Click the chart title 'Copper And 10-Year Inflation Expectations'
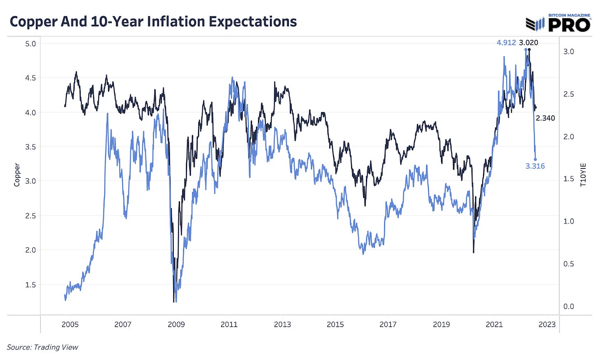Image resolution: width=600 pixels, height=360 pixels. [153, 21]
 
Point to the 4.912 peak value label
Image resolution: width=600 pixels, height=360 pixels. [506, 42]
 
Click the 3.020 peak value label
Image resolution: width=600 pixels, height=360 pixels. [528, 42]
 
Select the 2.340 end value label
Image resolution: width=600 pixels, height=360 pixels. [545, 118]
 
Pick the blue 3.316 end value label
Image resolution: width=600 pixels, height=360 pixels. [535, 166]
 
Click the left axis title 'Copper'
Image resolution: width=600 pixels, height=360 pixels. [17, 175]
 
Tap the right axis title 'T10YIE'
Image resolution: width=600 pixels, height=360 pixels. [583, 175]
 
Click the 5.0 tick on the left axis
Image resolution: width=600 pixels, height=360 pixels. [30, 44]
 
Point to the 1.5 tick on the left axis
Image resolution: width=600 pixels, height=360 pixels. [30, 285]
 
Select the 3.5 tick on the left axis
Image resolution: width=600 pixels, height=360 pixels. [30, 147]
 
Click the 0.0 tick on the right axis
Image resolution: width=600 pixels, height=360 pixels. [569, 306]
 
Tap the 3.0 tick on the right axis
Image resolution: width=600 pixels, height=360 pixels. [569, 51]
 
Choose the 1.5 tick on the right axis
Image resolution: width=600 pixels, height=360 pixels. [569, 179]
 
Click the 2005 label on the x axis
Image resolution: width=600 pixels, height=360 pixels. [70, 325]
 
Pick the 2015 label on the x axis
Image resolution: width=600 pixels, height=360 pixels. [335, 325]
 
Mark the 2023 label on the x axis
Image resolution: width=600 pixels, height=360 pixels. [547, 325]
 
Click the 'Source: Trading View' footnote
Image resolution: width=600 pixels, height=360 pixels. [42, 347]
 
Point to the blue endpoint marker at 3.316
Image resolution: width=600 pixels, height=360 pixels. [535, 159]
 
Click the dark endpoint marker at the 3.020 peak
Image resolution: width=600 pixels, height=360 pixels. [529, 50]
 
